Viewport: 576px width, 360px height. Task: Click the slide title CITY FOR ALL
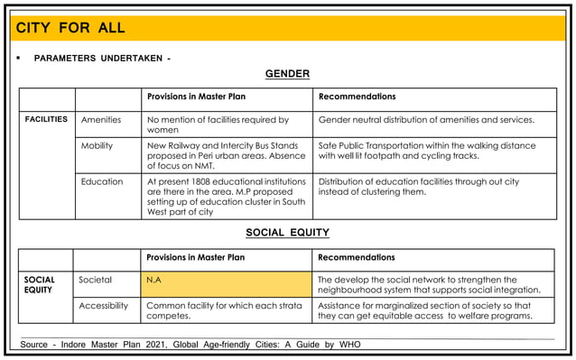click(70, 28)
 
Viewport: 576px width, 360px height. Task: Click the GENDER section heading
click(287, 74)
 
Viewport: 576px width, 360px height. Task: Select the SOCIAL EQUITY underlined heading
click(287, 233)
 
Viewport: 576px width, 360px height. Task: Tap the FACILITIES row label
click(46, 119)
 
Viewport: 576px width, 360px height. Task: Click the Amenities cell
click(101, 119)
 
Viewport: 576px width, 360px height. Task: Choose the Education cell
click(102, 181)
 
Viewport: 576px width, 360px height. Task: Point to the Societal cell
click(96, 280)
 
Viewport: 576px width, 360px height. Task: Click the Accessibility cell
click(104, 306)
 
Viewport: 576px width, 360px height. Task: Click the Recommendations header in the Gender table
click(357, 97)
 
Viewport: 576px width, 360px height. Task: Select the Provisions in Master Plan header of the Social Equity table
click(196, 258)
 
